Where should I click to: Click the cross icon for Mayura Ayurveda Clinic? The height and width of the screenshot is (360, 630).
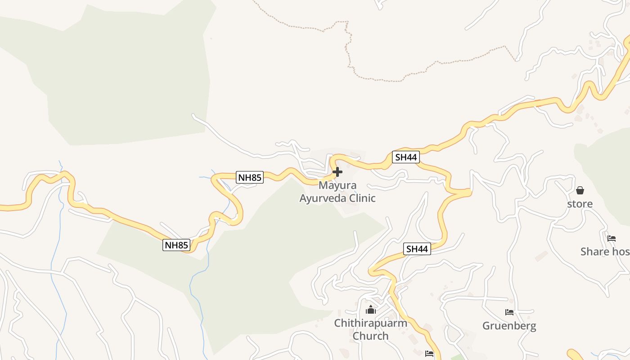[337, 172]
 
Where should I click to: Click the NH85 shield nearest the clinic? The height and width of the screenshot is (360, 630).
[250, 177]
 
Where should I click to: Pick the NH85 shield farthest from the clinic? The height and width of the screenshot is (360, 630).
[176, 245]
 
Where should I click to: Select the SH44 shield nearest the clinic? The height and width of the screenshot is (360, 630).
[405, 157]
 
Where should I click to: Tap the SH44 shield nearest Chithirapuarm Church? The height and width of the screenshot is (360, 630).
[417, 249]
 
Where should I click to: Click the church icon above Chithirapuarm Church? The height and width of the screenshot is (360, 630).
[371, 310]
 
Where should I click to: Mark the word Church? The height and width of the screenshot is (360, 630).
[370, 336]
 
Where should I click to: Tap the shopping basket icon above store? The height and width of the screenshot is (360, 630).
[580, 191]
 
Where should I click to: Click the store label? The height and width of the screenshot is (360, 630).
[580, 204]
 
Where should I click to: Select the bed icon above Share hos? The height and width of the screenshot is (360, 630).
[611, 238]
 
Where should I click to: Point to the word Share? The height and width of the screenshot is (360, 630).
[594, 252]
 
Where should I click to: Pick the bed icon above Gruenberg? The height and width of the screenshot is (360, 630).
[509, 312]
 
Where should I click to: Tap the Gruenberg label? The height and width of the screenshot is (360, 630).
[509, 325]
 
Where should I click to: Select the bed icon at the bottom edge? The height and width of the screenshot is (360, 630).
[429, 354]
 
